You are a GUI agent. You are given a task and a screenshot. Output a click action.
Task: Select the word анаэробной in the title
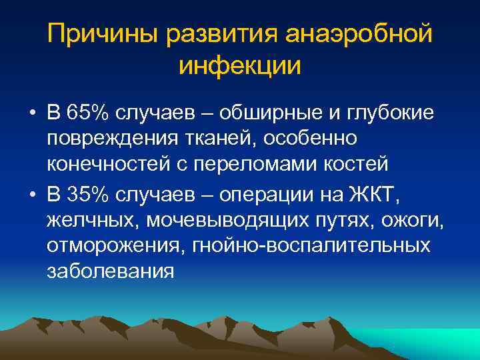click(x=360, y=33)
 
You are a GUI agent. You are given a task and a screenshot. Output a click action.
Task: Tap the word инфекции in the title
click(x=240, y=66)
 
